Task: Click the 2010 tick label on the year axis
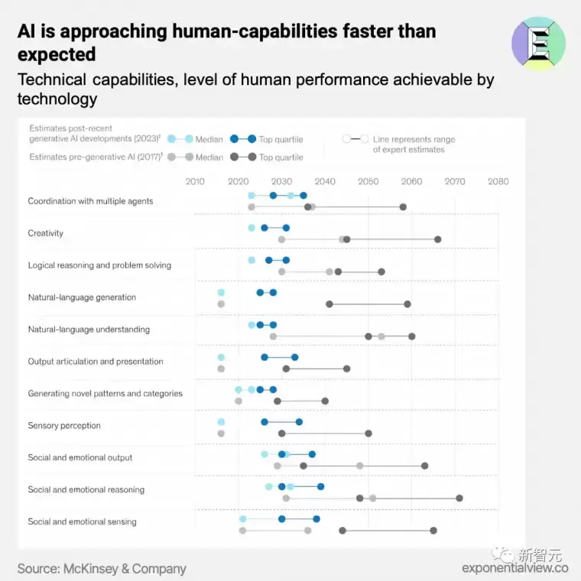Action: coord(195,181)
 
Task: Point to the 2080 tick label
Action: coord(498,181)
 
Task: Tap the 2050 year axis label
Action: coord(368,181)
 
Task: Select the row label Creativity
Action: coord(46,233)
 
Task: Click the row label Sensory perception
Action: coord(64,426)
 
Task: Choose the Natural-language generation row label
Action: coord(82,297)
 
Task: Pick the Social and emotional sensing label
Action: coord(82,522)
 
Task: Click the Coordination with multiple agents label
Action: coord(90,201)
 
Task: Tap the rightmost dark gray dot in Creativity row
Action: coord(437,239)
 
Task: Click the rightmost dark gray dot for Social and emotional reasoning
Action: coord(459,498)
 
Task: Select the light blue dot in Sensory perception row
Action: coord(221,422)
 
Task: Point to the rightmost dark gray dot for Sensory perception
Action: coord(368,433)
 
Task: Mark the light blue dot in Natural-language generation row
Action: coord(221,293)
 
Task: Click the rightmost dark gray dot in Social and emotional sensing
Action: coord(433,530)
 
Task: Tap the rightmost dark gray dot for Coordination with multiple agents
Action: coord(403,206)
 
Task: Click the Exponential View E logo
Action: coord(538,43)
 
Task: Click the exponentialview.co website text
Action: coord(514,568)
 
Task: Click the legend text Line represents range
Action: coord(414,139)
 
